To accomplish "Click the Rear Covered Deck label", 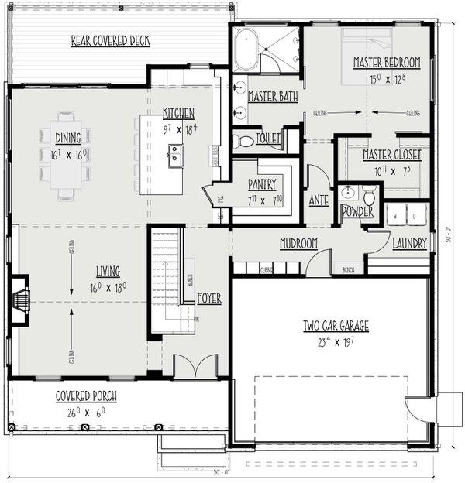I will [110, 40].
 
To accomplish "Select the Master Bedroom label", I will [387, 62].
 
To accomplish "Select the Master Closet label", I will [392, 155].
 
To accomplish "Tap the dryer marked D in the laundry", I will [416, 214].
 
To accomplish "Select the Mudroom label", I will [298, 244].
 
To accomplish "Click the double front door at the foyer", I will [190, 367].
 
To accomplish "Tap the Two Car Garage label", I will [336, 325].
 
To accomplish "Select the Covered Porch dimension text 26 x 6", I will [85, 412].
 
